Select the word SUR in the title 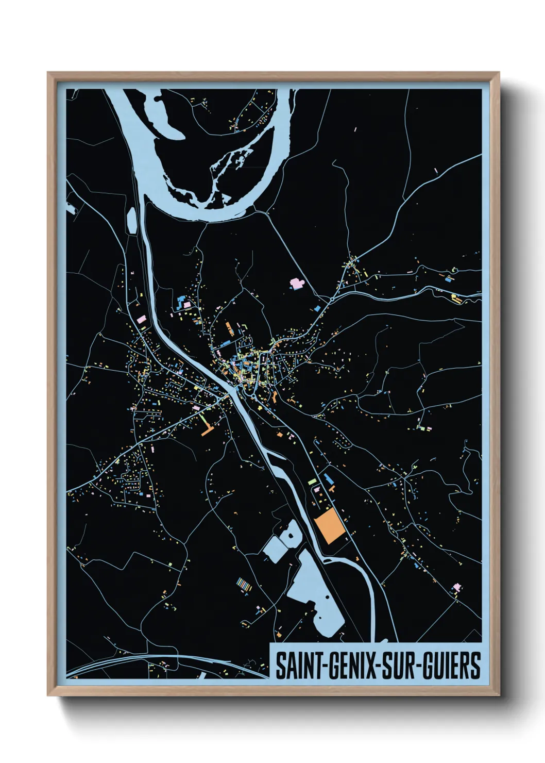coord(402,666)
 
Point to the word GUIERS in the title coord(453,666)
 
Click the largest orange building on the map coord(330,526)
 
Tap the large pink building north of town coord(297,283)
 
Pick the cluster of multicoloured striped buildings coord(244,584)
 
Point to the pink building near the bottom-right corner coord(456,587)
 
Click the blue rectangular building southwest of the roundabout coord(317,309)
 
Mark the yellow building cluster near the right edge coord(455,298)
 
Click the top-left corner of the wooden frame coord(48,73)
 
